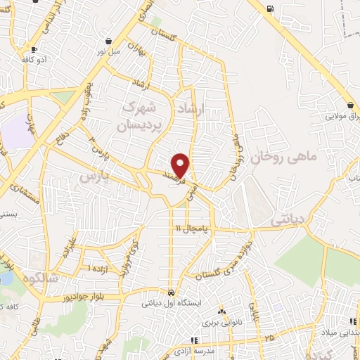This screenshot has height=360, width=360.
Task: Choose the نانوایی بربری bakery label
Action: pos(219,324)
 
